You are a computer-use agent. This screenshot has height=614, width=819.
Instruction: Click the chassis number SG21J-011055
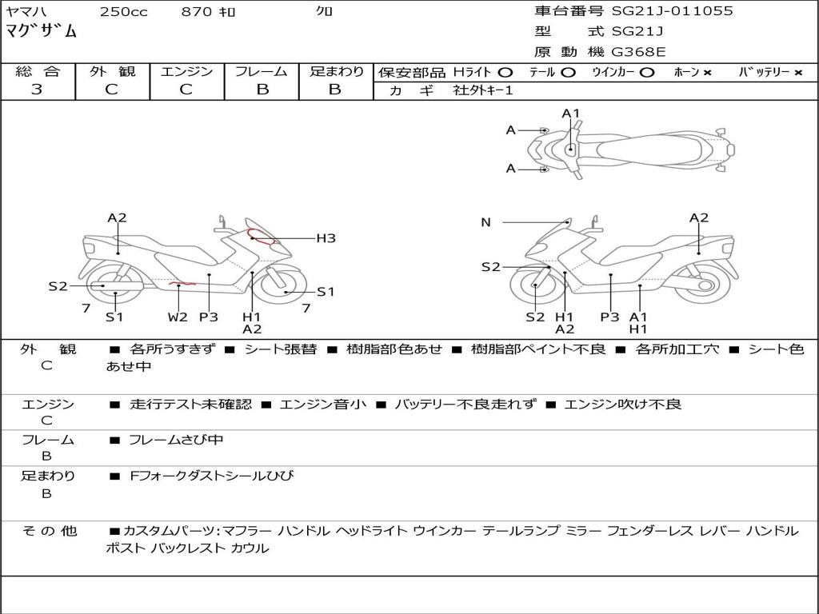pos(672,11)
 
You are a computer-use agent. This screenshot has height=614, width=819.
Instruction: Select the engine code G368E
pos(638,52)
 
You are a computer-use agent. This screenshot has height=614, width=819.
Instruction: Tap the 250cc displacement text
pos(123,11)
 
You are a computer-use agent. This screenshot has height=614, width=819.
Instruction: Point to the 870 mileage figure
pos(195,11)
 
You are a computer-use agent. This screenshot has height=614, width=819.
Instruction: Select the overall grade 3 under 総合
pos(37,90)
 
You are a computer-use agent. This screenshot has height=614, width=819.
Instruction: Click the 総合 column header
pos(37,71)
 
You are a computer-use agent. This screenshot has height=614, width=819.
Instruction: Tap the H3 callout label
pos(326,237)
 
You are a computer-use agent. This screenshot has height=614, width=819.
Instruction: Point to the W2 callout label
pos(178,317)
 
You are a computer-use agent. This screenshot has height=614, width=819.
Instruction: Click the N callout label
pos(485,222)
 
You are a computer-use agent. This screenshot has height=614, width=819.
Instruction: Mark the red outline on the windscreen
pos(262,236)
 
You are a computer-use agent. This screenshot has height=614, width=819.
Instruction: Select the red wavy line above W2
pos(182,283)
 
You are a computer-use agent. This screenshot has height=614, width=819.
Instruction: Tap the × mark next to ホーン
pos(707,72)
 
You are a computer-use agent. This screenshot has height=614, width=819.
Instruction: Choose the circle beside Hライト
pos(505,72)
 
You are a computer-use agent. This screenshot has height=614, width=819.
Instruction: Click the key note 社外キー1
pos(483,90)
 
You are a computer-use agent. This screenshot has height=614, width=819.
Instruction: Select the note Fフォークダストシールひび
pos(211,476)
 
